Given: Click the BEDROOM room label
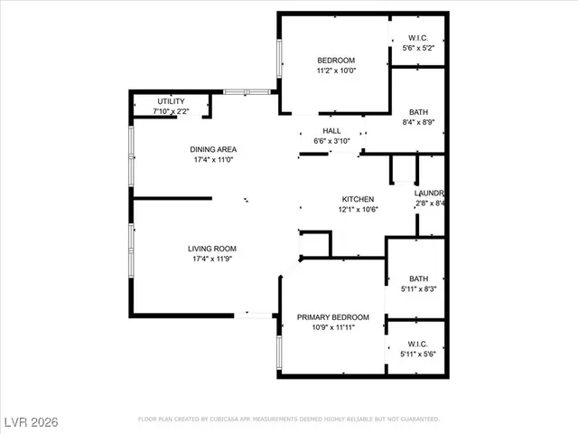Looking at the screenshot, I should [335, 61].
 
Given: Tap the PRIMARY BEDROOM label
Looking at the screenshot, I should [333, 317].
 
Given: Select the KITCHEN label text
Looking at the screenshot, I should [358, 199].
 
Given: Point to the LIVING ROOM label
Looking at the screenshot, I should [212, 249].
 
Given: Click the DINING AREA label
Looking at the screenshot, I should [212, 149].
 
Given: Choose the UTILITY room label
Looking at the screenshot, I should [171, 100].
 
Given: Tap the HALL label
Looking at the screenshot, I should [331, 131].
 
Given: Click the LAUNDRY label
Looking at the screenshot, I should [429, 193].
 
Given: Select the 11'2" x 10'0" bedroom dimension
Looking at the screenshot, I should [335, 71].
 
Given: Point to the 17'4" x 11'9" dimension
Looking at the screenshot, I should [212, 259].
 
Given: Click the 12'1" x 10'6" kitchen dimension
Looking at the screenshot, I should [358, 210].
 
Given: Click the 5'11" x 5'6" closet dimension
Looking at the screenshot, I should [416, 354].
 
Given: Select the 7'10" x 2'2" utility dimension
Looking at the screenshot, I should [171, 110].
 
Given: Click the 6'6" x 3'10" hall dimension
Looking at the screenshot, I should [331, 141].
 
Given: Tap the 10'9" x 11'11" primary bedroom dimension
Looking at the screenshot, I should [333, 328].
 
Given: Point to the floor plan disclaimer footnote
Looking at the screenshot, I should [288, 420].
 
